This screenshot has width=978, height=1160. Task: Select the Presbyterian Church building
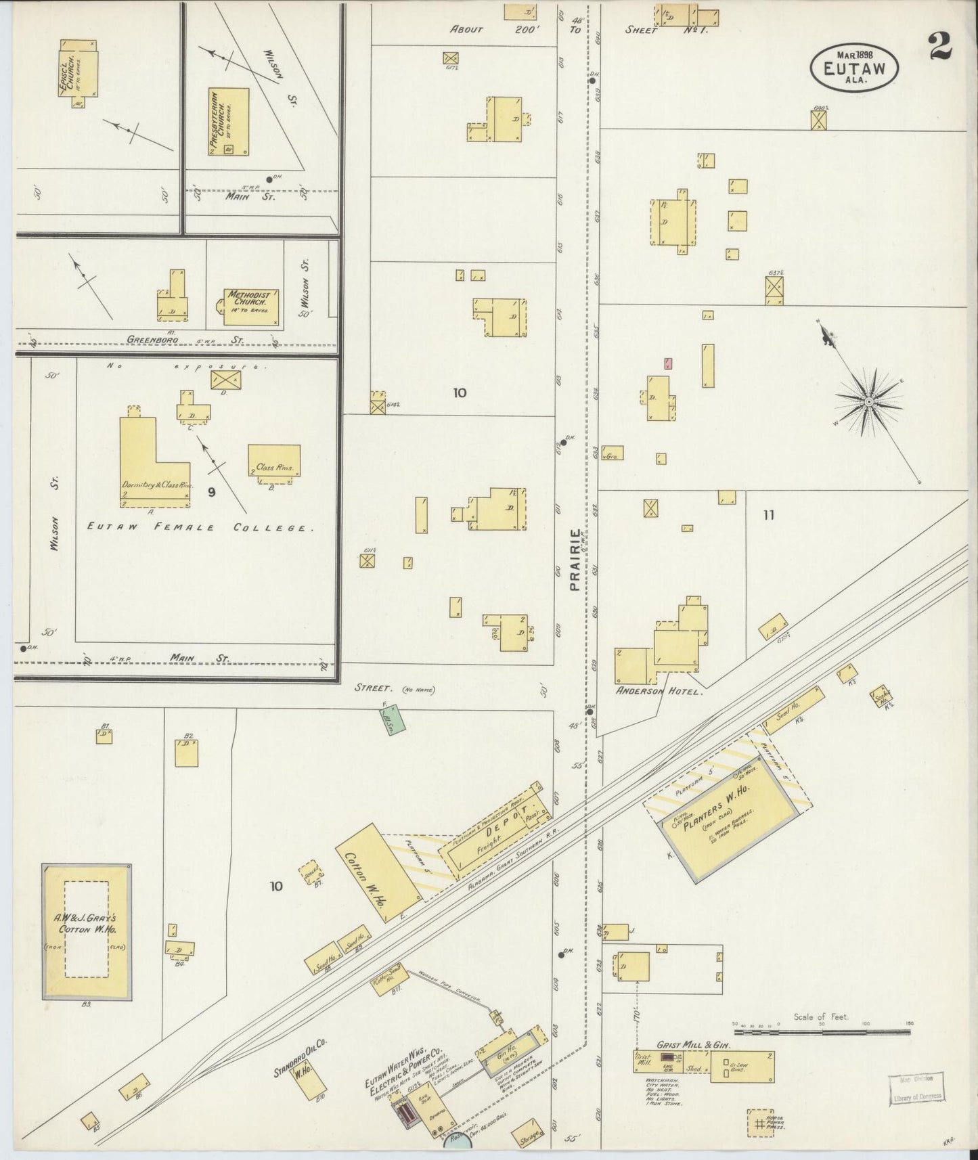228,122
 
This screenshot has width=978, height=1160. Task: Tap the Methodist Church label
249,300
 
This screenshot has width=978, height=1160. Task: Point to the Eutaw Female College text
200,528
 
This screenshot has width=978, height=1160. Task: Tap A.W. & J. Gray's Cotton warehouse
87,931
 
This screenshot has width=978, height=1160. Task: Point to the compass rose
868,402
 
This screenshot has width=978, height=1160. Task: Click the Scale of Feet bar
822,1032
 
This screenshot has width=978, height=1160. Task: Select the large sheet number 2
941,46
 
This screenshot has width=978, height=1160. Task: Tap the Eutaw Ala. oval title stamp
856,66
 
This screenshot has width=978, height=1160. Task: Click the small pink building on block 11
668,363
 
